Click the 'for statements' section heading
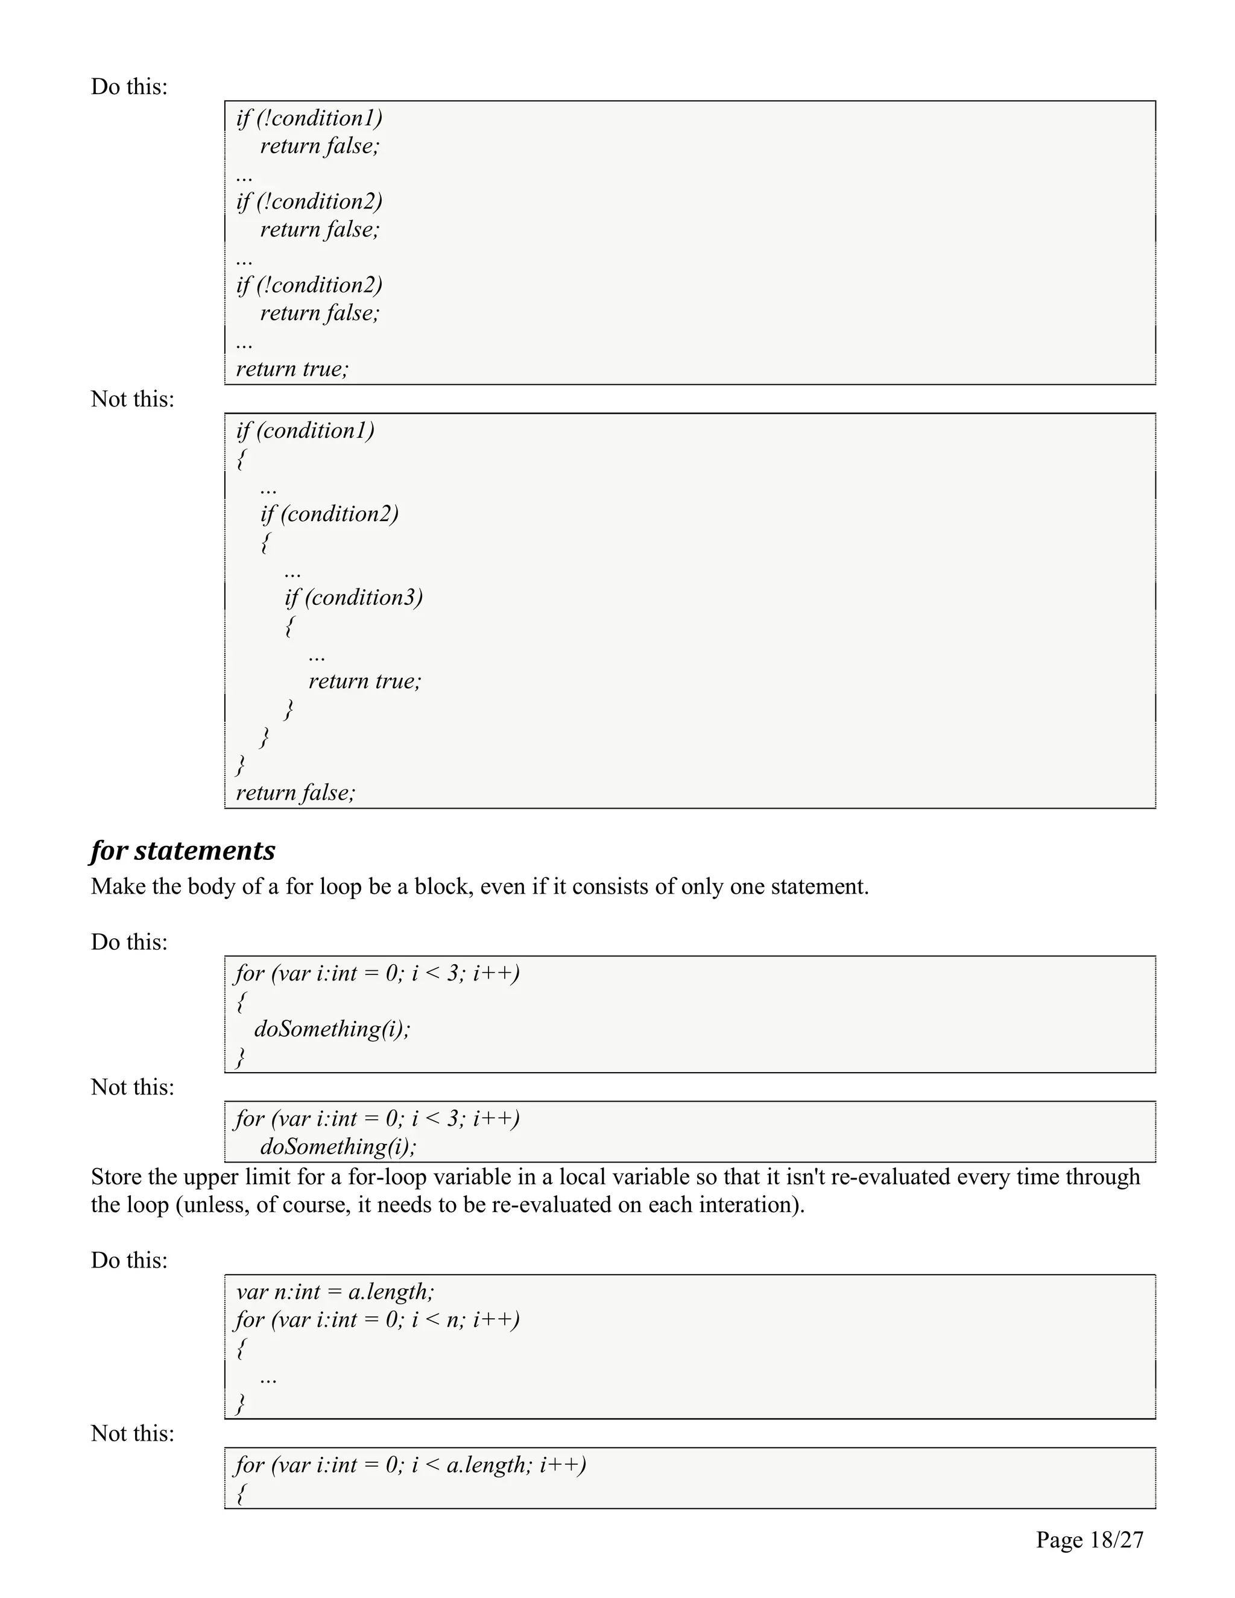(183, 851)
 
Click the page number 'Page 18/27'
(1088, 1540)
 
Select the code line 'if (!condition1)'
(309, 118)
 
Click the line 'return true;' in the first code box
(292, 369)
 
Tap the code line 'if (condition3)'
(353, 598)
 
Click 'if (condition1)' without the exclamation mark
(305, 430)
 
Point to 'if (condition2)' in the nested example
(329, 514)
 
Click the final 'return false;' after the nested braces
(295, 792)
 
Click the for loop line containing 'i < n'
(377, 1319)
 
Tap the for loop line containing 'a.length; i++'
(409, 1464)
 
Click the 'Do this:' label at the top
(129, 87)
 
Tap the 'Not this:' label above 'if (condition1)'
(133, 399)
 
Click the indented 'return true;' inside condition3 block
(365, 681)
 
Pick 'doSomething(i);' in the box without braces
(338, 1146)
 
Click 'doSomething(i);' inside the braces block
(332, 1029)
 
